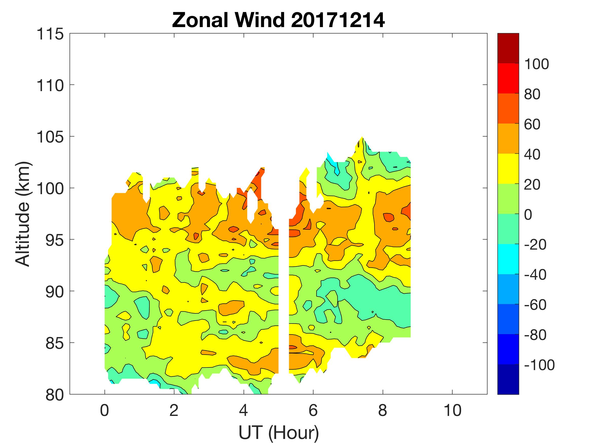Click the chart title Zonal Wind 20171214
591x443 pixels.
tap(278, 20)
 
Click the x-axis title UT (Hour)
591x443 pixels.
tap(278, 432)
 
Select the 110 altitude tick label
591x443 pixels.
tap(50, 86)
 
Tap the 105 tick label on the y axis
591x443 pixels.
tap(50, 137)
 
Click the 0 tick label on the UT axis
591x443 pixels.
tap(104, 410)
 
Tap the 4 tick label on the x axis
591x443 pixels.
tap(243, 410)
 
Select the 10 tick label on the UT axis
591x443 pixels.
tap(452, 410)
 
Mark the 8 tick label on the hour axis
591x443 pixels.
tap(383, 410)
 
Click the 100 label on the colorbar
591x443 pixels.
tap(536, 64)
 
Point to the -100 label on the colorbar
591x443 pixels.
tap(539, 365)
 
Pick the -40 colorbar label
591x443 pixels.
tap(535, 274)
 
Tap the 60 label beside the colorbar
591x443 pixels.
tap(532, 125)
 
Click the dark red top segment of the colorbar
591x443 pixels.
tap(508, 48)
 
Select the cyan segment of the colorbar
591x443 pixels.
tap(508, 259)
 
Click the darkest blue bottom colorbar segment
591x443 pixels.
tap(508, 379)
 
